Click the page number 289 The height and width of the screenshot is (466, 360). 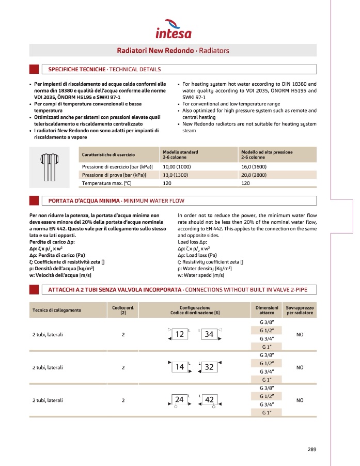pos(311,448)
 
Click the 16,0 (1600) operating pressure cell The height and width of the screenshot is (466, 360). pos(254,167)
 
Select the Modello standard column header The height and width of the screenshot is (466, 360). pos(180,154)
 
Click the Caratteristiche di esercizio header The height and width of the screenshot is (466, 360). pos(108,154)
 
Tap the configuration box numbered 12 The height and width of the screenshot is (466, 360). pos(180,334)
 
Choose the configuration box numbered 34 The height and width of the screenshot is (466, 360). pos(209,334)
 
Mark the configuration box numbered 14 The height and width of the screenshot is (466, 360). pos(180,367)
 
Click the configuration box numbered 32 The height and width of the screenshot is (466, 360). pos(210,367)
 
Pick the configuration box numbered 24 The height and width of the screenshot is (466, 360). pos(180,400)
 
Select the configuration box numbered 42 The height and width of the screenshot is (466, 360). pos(210,400)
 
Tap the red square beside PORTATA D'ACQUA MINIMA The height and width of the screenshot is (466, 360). pos(34,200)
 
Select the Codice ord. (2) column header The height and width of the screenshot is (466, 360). pos(123,310)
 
